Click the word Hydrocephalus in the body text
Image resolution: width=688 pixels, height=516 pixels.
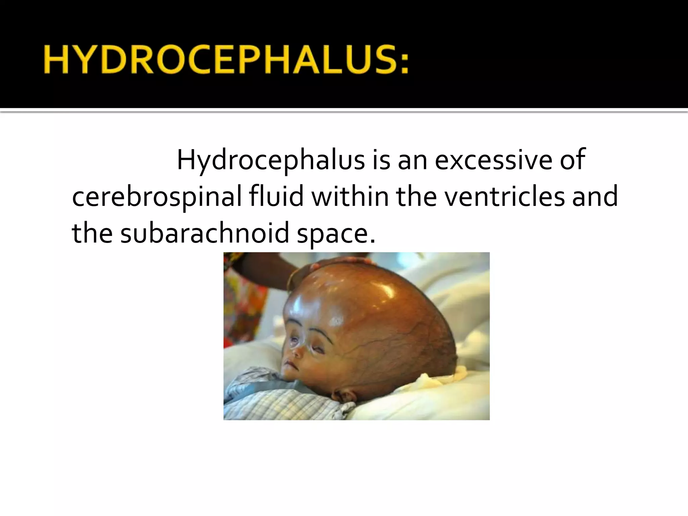(x=271, y=160)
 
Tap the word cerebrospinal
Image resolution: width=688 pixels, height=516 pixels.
(x=157, y=197)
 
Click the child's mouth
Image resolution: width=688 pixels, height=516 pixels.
(x=289, y=364)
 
